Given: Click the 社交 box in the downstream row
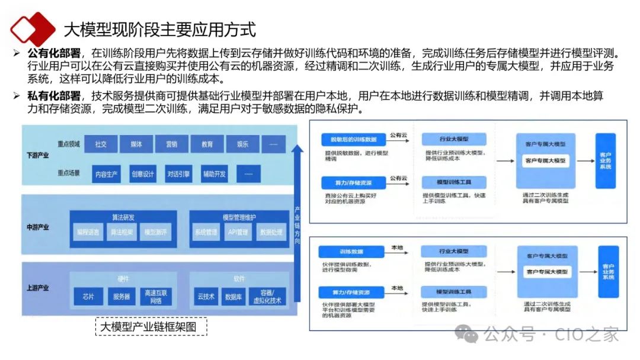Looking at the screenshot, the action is (101, 144).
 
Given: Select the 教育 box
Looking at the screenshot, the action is (207, 144).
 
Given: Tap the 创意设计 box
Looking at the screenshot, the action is (142, 174).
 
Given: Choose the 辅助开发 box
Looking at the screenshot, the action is (213, 174).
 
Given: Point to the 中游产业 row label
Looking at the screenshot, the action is (38, 227).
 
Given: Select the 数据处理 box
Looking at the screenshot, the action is (271, 233).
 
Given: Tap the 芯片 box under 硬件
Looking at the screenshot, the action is (88, 297).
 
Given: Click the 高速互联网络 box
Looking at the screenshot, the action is (156, 297).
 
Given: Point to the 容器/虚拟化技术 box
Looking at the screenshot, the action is (271, 297).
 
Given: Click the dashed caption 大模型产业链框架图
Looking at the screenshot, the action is (151, 327).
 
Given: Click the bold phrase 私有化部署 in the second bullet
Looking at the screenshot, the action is (53, 97).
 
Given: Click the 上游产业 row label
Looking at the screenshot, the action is (38, 288).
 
